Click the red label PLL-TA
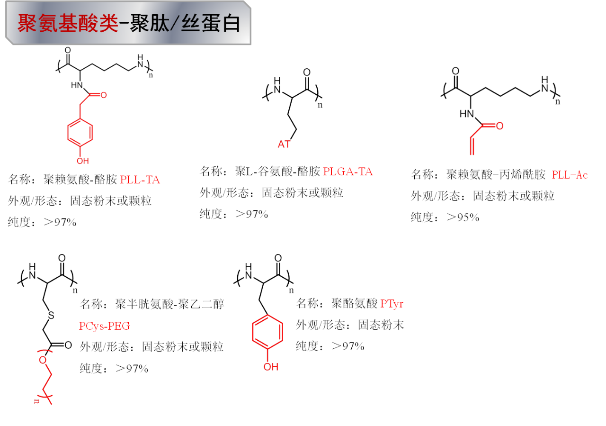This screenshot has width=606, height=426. click(140, 180)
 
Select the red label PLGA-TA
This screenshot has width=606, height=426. click(348, 172)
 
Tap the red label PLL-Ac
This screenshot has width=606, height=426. click(570, 175)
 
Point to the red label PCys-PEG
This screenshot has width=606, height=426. click(105, 326)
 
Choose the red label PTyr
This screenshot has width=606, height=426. click(392, 304)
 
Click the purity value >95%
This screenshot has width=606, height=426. click(463, 218)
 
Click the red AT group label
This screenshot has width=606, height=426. click(284, 145)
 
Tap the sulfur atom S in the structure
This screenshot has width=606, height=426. click(51, 316)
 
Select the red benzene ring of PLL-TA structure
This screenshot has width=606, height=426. click(80, 133)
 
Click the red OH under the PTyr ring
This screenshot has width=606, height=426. click(271, 367)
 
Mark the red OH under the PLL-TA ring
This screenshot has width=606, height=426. click(83, 161)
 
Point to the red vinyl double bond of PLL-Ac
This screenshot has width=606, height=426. click(472, 145)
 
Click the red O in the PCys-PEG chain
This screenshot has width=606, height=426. click(43, 360)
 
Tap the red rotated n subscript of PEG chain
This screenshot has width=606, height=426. click(36, 401)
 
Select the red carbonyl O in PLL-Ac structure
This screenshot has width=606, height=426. click(499, 126)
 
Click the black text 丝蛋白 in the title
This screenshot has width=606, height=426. click(211, 24)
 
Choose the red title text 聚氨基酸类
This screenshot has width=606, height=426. click(68, 24)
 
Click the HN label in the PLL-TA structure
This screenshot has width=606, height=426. click(77, 85)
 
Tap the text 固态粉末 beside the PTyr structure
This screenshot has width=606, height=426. click(381, 325)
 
